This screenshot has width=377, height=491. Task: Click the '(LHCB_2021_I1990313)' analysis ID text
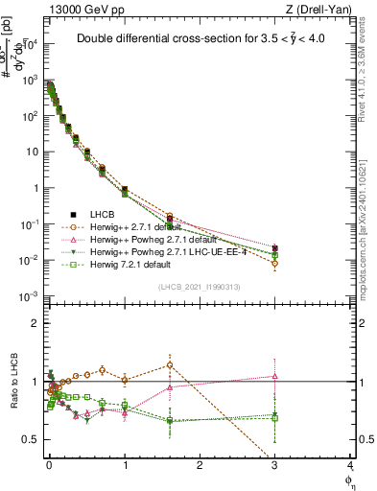(x=198, y=288)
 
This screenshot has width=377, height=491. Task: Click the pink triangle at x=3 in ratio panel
(x=275, y=376)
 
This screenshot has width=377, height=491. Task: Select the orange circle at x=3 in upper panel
(x=275, y=263)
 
